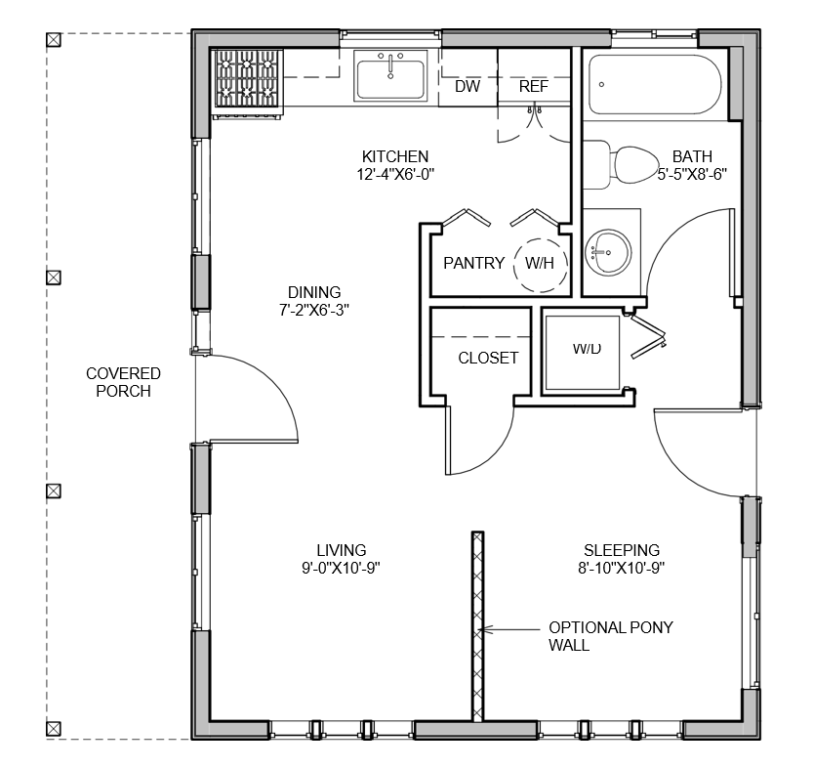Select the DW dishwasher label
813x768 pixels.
coord(467,86)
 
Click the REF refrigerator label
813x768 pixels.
coord(534,86)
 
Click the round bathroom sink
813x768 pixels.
coord(608,253)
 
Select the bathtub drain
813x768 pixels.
coord(601,84)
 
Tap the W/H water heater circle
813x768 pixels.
coord(541,264)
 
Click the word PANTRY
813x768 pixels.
coord(474,263)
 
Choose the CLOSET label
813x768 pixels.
coord(488,358)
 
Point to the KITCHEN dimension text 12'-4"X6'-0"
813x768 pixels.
coord(395,174)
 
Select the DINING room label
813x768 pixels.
coord(314,292)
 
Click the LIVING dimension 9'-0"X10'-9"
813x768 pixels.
coord(342,569)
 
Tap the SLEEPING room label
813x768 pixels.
coord(622,550)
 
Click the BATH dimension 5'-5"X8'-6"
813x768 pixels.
coord(692,174)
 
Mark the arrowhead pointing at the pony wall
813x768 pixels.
coord(483,630)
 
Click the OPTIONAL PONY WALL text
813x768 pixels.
coord(611,637)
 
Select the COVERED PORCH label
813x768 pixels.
coord(123,382)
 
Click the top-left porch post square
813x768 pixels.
coord(54,40)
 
